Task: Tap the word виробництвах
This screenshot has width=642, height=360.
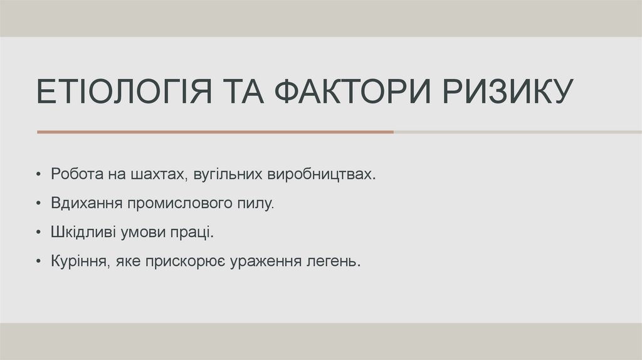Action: [322, 174]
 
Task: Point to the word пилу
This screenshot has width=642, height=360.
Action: [258, 204]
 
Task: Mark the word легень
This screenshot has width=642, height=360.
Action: [339, 262]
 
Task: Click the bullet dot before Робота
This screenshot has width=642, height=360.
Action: [40, 174]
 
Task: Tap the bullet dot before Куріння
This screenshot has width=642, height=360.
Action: [40, 262]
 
